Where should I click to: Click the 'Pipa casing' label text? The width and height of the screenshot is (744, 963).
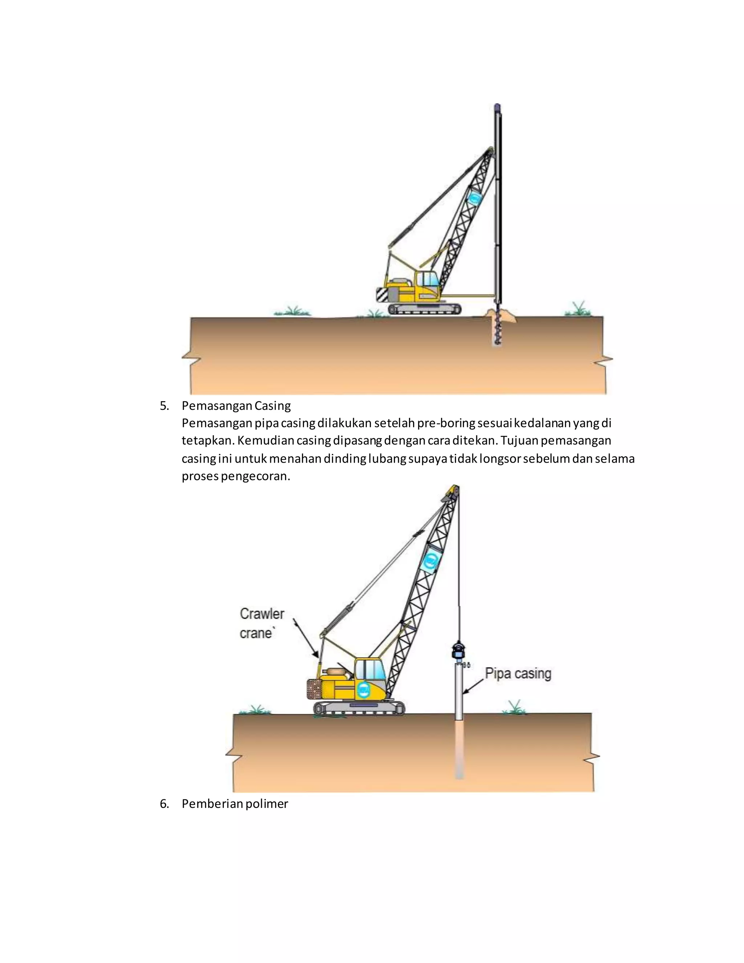pos(518,673)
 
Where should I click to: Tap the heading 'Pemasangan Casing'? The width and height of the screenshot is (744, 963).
pos(236,405)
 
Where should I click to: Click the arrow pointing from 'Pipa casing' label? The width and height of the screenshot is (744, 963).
pos(473,686)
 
